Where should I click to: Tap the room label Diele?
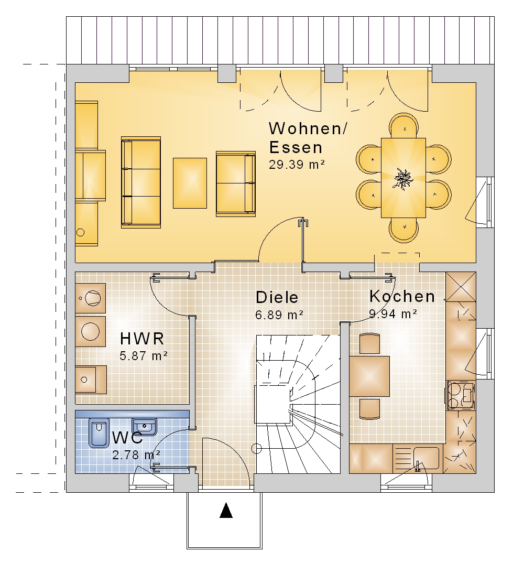[277, 298]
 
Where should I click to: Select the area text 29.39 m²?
[297, 165]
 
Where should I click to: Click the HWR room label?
[142, 339]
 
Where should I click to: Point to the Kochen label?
[402, 297]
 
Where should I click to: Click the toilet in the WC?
[99, 432]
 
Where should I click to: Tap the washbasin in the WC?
[144, 426]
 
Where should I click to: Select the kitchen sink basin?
[425, 458]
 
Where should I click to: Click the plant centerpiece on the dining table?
[403, 178]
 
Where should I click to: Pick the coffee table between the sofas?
[190, 183]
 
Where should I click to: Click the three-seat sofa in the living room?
[140, 182]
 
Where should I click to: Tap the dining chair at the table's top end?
[404, 125]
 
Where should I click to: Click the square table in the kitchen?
[369, 376]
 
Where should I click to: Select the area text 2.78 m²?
[136, 455]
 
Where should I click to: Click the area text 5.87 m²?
[144, 356]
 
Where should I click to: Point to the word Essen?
[296, 148]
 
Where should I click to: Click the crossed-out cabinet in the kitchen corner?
[461, 287]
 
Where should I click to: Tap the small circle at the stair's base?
[257, 449]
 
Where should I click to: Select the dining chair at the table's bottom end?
[404, 230]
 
